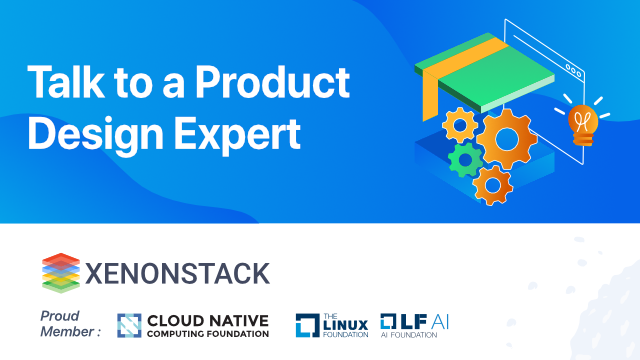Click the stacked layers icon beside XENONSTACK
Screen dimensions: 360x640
60,273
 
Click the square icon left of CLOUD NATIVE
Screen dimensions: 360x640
131,326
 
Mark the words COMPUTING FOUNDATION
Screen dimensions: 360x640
208,334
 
